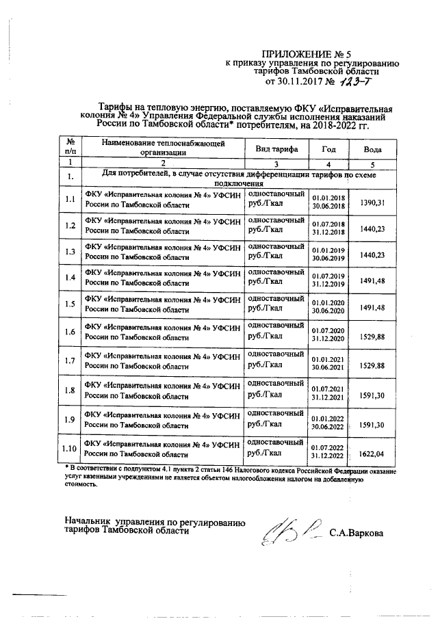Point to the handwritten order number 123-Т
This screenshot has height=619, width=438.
(x=355, y=83)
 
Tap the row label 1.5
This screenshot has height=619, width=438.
(x=69, y=304)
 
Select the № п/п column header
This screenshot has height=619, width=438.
(x=69, y=148)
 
